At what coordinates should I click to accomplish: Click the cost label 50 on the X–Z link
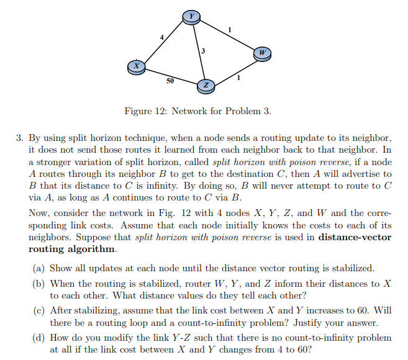[x=170, y=81]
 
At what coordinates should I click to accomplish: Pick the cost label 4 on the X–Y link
[x=162, y=38]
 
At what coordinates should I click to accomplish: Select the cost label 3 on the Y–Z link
[x=203, y=50]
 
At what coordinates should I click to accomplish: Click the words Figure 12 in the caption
[x=145, y=112]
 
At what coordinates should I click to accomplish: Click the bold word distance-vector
[x=354, y=237]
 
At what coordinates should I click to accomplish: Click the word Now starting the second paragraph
[x=39, y=213]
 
